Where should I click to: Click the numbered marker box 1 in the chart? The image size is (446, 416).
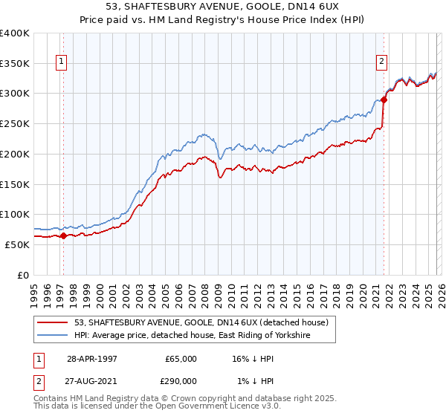(x=59, y=62)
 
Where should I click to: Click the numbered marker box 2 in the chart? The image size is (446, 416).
(x=381, y=62)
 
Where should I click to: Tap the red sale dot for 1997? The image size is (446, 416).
(x=64, y=236)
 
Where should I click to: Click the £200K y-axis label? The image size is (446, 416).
(x=15, y=154)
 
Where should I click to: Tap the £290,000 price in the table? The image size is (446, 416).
(x=181, y=380)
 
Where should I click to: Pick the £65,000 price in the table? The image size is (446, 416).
(x=181, y=358)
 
